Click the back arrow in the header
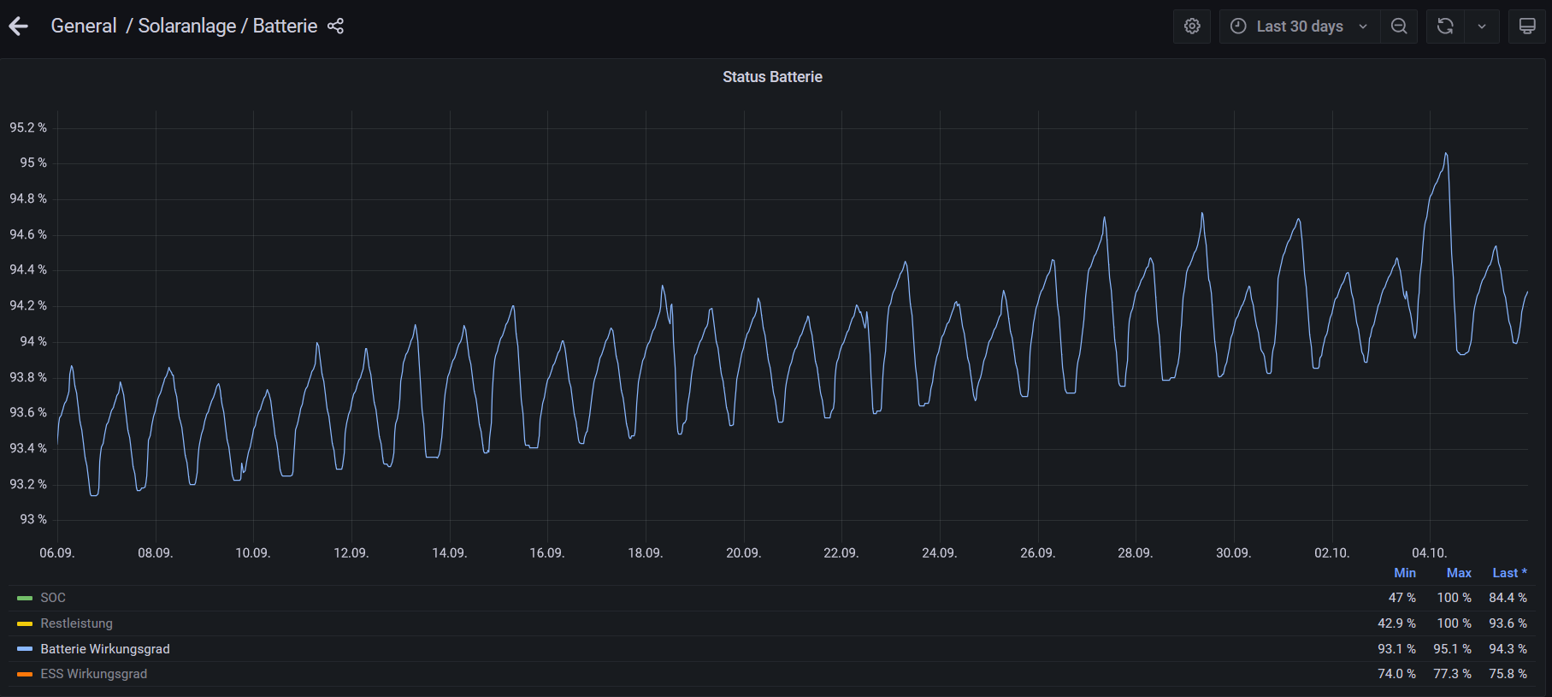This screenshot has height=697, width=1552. [19, 27]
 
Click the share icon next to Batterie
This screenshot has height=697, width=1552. [335, 27]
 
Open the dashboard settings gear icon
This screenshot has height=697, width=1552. [1192, 27]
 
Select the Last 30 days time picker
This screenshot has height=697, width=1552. [1299, 27]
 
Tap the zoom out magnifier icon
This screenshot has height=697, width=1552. [1399, 27]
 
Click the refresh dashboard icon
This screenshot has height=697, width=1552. [1445, 27]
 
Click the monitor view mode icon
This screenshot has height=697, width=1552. [1527, 27]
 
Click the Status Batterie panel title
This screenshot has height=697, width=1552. [772, 77]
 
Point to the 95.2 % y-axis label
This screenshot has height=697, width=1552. [28, 127]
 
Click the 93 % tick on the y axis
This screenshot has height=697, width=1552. [33, 519]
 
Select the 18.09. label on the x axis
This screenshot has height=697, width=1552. [646, 553]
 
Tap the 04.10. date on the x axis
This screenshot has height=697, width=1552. [1430, 553]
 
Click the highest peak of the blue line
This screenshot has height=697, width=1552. [1446, 154]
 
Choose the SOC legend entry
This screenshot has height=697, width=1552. [53, 598]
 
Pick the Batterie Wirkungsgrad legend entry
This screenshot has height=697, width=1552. [105, 649]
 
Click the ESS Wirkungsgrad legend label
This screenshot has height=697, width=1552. [94, 674]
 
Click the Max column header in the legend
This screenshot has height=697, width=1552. [1459, 573]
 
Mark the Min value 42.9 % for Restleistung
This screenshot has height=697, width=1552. [1396, 623]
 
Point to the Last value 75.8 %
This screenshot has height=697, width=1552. [1508, 674]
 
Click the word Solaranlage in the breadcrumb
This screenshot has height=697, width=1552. [187, 27]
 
